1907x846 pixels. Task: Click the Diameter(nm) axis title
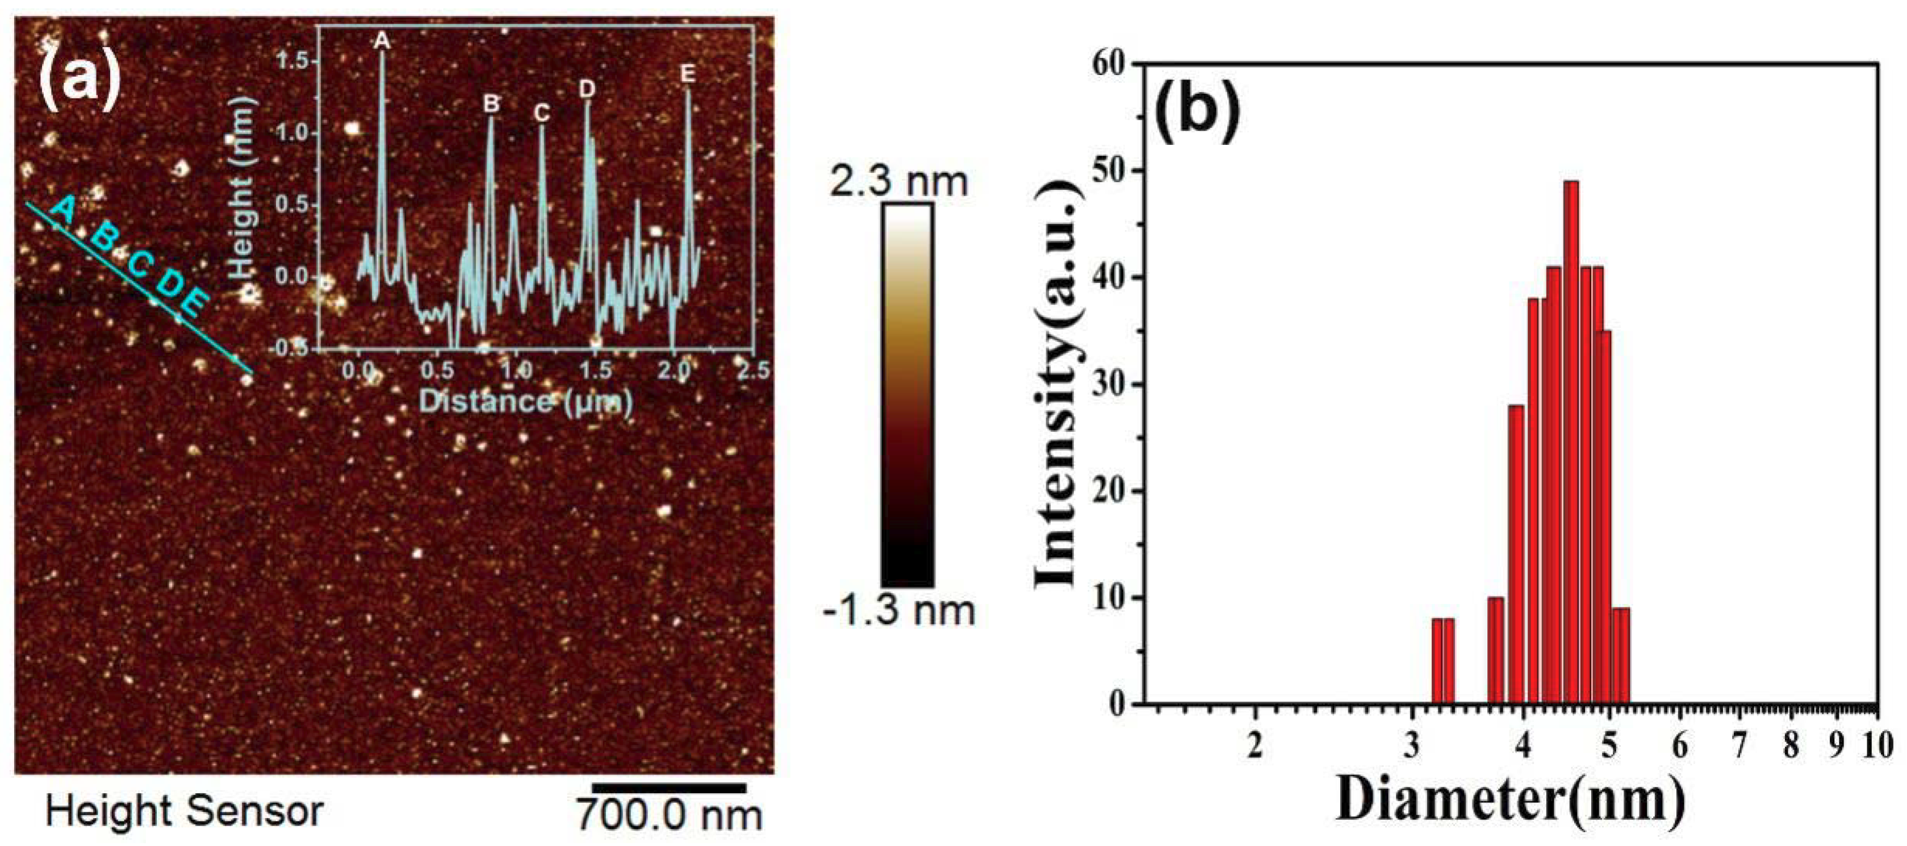(1510, 801)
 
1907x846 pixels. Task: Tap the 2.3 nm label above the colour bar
(898, 181)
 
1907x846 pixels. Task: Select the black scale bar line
(669, 787)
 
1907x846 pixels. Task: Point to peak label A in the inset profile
(381, 41)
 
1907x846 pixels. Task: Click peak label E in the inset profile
(688, 74)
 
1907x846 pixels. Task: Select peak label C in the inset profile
(541, 112)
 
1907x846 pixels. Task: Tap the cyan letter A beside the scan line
(64, 210)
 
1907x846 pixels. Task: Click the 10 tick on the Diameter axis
(1877, 745)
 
